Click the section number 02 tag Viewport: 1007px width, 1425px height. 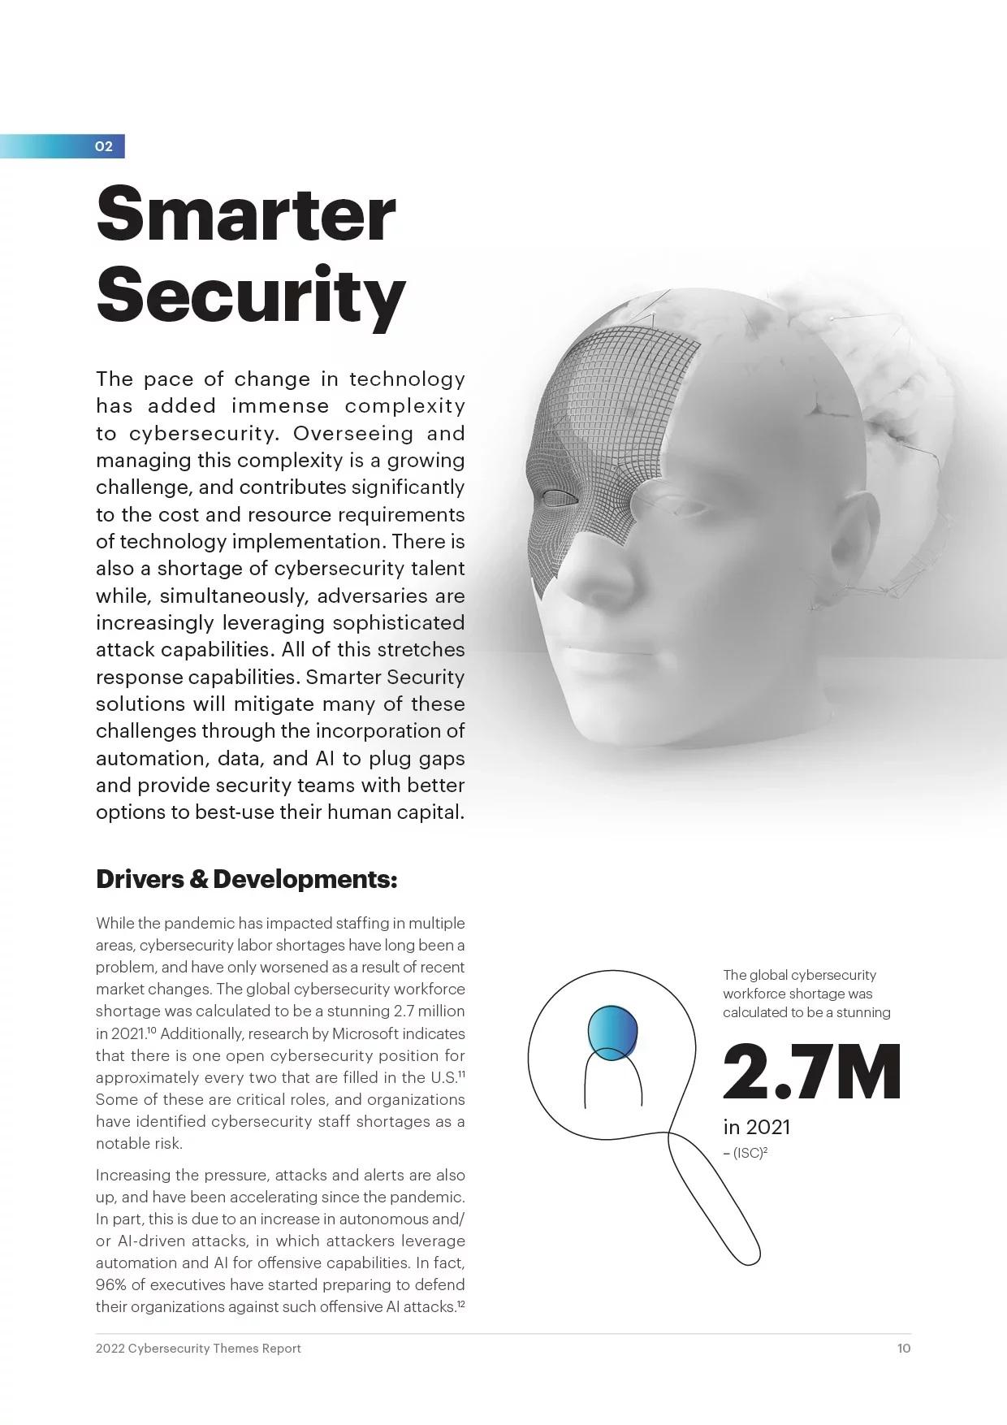[103, 146]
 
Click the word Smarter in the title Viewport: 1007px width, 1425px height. [245, 214]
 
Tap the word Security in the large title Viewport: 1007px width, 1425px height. [250, 294]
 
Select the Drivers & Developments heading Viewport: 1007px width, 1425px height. [246, 879]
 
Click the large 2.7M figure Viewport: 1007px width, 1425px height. [811, 1072]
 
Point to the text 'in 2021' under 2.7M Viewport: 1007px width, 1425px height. [756, 1127]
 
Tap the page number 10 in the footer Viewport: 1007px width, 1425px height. [903, 1348]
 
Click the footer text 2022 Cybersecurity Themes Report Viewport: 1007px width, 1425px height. [198, 1348]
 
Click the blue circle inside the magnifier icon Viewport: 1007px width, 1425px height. [613, 1032]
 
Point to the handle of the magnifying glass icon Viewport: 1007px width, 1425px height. [715, 1202]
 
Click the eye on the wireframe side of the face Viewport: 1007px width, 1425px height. [558, 497]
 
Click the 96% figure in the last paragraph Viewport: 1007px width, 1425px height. [109, 1284]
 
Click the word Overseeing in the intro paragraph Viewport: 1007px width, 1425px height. [353, 433]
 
